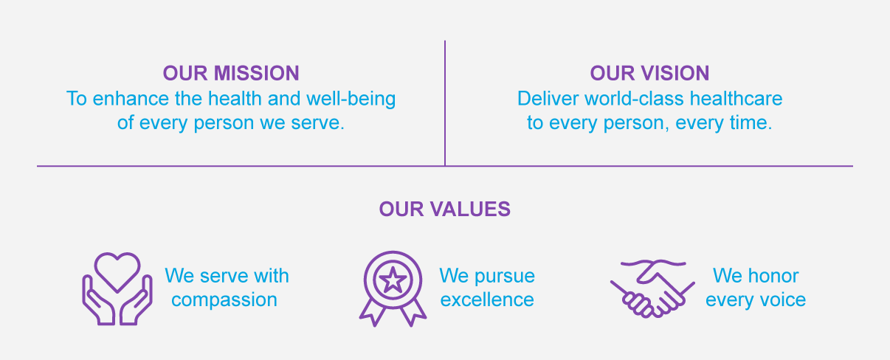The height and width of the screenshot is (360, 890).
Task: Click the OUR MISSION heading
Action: [231, 73]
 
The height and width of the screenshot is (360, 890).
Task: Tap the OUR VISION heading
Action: [649, 73]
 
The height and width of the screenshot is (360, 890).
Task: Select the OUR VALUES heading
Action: [445, 210]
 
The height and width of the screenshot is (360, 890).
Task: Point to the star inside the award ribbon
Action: [393, 280]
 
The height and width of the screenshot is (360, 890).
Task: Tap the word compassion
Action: [224, 300]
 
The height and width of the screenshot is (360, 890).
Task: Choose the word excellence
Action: [486, 300]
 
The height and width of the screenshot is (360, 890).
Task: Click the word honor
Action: [772, 277]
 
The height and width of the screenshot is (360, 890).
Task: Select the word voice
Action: [782, 300]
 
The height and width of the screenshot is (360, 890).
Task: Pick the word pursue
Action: [505, 277]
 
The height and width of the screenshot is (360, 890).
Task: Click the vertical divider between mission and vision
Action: [445, 103]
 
